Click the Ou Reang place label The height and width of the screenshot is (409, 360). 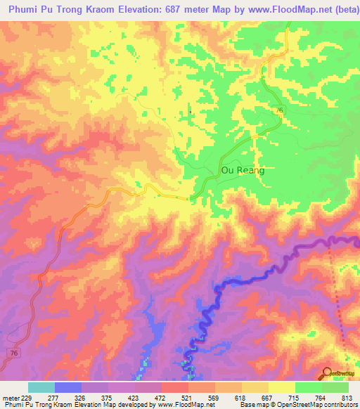[x=243, y=170]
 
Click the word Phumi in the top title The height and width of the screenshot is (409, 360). [x=26, y=10]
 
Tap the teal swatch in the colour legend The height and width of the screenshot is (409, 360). [x=41, y=387]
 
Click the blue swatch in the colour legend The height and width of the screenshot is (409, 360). [x=68, y=387]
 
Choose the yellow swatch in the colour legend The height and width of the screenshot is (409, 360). [x=282, y=387]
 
